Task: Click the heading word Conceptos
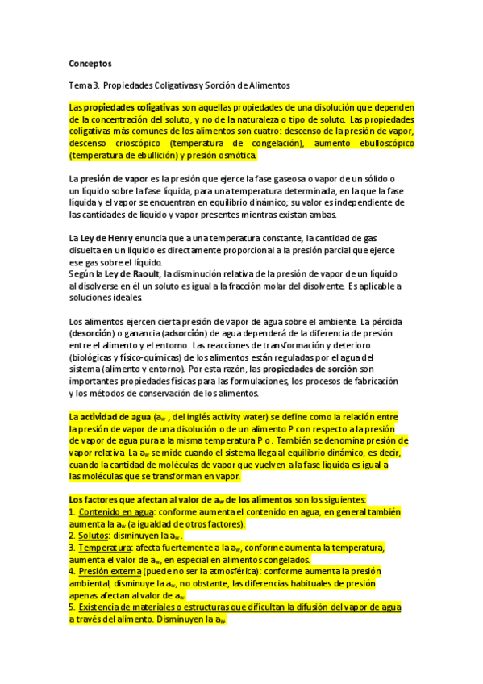[90, 63]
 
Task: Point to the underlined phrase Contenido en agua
[114, 512]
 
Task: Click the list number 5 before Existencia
[71, 607]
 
